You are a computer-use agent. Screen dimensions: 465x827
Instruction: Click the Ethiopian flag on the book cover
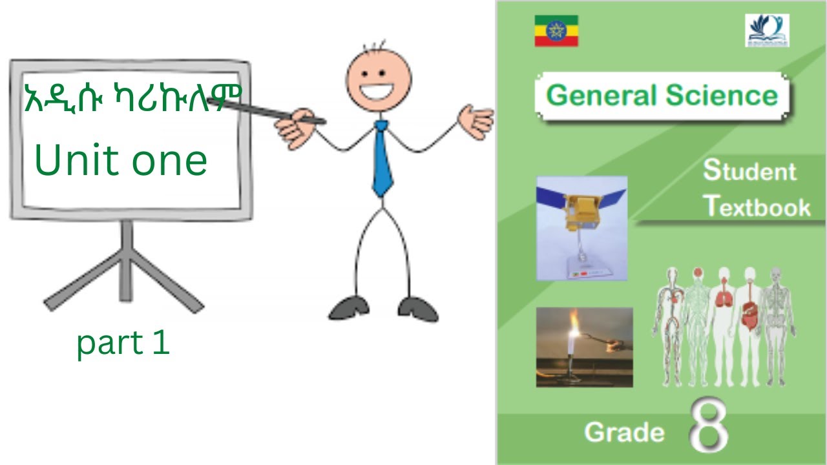(556, 31)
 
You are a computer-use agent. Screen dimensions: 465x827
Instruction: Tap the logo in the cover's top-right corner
(767, 30)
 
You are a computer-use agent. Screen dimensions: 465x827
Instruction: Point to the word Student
(749, 171)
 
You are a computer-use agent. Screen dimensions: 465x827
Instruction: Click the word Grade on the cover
(623, 432)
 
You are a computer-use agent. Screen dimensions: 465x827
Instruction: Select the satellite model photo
(581, 227)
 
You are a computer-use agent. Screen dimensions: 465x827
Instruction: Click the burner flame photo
(584, 347)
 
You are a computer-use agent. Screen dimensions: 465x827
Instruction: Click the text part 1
(123, 344)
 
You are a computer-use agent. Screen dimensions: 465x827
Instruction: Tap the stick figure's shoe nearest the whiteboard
(350, 308)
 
